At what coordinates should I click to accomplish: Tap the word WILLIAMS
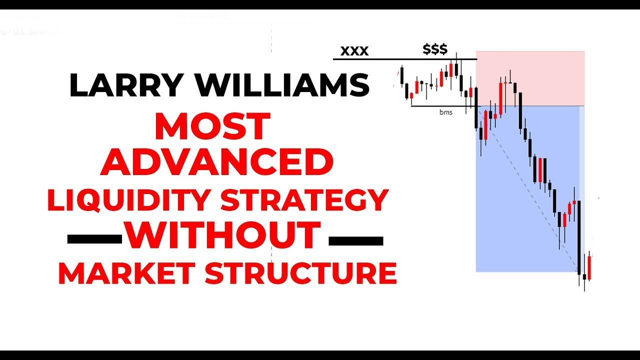283,85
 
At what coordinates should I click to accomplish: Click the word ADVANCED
217,162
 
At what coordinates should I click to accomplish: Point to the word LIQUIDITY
129,200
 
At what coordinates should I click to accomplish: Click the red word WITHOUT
223,235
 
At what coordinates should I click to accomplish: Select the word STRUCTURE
300,273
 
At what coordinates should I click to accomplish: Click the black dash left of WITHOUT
94,240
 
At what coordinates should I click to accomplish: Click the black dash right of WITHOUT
355,240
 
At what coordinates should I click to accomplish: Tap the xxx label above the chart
354,50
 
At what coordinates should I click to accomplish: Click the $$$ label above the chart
435,49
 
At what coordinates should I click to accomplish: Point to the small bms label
445,112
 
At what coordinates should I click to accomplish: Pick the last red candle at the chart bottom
589,267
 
